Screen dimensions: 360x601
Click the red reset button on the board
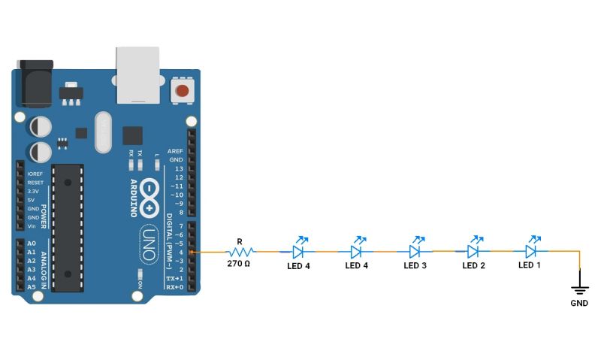pyautogui.click(x=181, y=92)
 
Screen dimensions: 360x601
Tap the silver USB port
pyautogui.click(x=138, y=73)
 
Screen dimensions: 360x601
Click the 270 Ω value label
pyautogui.click(x=239, y=264)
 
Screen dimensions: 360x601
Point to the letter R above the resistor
pyautogui.click(x=239, y=241)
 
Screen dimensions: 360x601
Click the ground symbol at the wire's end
pyautogui.click(x=579, y=288)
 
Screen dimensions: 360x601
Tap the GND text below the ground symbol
pyautogui.click(x=579, y=304)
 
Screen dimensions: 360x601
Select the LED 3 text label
pyautogui.click(x=415, y=265)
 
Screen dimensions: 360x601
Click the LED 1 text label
pyautogui.click(x=530, y=265)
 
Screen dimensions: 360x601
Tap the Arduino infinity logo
pyautogui.click(x=151, y=196)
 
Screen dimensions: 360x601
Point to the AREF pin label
pyautogui.click(x=175, y=151)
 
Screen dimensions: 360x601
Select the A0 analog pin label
pyautogui.click(x=32, y=244)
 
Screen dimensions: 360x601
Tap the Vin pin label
pyautogui.click(x=32, y=226)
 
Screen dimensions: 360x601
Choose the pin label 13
pyautogui.click(x=179, y=169)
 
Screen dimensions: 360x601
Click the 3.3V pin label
pyautogui.click(x=33, y=192)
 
